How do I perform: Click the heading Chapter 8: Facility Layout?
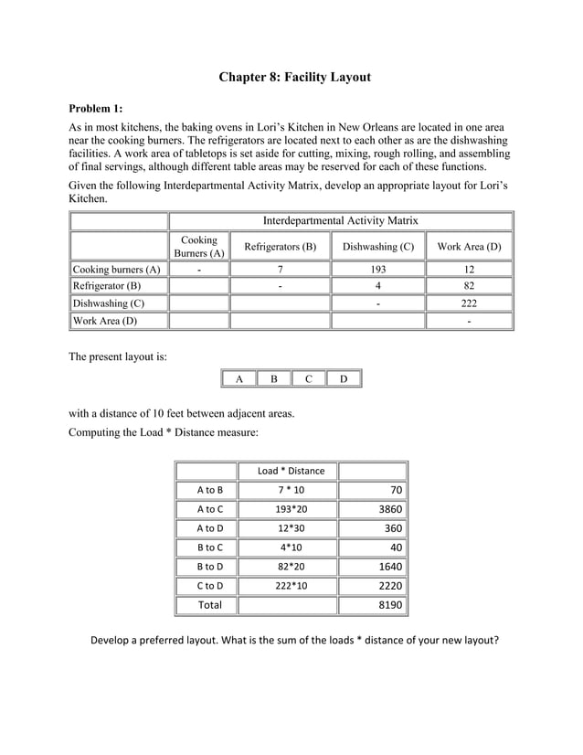(x=294, y=77)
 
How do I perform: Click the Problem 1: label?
(x=101, y=107)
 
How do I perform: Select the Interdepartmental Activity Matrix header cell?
(x=340, y=220)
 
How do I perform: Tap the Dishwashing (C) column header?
(x=377, y=246)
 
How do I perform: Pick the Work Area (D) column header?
(x=469, y=246)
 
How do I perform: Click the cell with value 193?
(x=377, y=269)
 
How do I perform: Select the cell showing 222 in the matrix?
(x=469, y=303)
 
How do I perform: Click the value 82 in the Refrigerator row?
(x=469, y=286)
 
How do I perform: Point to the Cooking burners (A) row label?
(x=117, y=269)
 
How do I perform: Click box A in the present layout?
(x=238, y=378)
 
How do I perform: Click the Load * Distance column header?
(x=291, y=471)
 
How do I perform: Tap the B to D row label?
(x=207, y=567)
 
